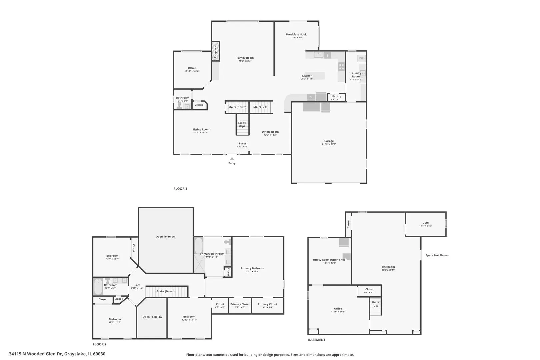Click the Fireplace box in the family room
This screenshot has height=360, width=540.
click(x=215, y=51)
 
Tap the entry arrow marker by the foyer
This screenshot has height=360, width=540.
click(x=232, y=159)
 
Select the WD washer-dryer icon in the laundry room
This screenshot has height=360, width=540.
click(x=361, y=58)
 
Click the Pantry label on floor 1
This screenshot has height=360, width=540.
click(x=337, y=96)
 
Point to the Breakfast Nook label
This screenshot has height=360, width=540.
click(x=296, y=34)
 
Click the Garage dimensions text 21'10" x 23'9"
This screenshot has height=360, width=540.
click(x=329, y=144)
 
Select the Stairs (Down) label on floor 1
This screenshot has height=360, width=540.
click(x=237, y=107)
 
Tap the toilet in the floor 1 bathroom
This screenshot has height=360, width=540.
click(x=179, y=106)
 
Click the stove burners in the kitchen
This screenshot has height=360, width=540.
click(x=341, y=67)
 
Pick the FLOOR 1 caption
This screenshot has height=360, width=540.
click(x=180, y=189)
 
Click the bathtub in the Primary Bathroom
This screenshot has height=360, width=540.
click(x=199, y=246)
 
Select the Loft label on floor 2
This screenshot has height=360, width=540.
click(x=137, y=285)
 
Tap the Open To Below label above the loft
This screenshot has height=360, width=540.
click(x=165, y=237)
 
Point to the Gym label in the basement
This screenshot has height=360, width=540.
click(x=425, y=223)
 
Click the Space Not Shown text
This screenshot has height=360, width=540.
click(x=437, y=255)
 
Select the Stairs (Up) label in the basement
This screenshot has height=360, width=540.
click(x=375, y=304)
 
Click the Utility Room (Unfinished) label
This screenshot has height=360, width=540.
click(x=329, y=260)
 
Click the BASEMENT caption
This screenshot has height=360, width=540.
click(x=316, y=340)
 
